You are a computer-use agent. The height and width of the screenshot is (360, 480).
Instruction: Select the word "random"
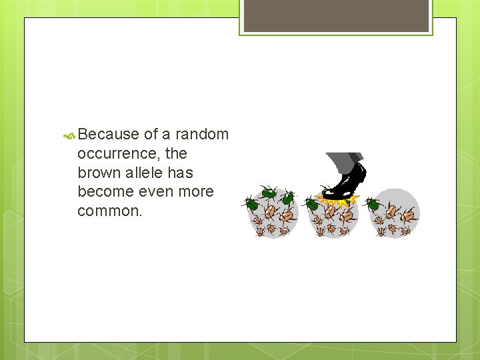point(202,134)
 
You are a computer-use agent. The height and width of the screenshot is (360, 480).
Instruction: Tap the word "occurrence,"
point(119,153)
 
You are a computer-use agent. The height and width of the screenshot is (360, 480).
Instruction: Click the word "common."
point(110,211)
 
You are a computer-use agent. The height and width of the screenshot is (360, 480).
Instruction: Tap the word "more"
point(197,192)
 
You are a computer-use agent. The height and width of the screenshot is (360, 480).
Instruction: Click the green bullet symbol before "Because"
point(69,135)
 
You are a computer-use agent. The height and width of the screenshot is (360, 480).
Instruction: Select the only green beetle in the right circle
point(373,203)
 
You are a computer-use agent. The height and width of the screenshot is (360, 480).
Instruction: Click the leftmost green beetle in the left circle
point(252,203)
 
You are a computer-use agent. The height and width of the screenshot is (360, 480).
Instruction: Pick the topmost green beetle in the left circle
point(269,193)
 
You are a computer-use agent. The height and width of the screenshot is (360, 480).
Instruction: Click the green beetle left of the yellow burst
point(311,203)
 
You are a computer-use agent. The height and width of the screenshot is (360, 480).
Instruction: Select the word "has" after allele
point(180,173)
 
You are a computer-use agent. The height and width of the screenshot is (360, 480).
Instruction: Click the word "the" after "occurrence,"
point(176,153)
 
